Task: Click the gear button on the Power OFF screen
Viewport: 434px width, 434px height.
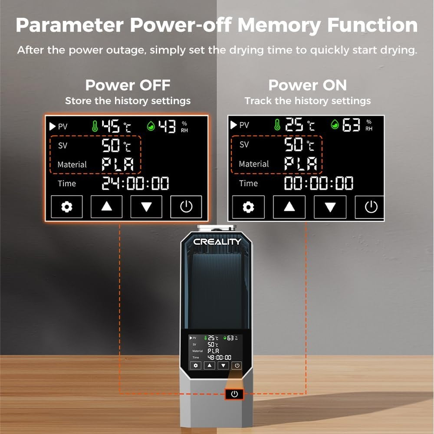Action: pos(67,207)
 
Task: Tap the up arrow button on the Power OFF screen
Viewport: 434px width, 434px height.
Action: pos(107,207)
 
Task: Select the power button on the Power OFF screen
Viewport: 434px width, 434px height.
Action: pos(186,207)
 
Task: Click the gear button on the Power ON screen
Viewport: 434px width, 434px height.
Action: pos(248,207)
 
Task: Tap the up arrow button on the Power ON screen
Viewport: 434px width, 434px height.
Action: pos(289,207)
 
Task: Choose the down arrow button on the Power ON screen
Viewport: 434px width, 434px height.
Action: pos(330,207)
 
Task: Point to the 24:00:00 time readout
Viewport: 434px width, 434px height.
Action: pos(135,183)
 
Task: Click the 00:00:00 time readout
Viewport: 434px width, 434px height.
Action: pos(319,183)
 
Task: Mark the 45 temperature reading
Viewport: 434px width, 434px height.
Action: pos(110,126)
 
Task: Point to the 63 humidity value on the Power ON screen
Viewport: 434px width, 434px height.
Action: pos(351,125)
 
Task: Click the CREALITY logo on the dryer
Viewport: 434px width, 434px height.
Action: pos(217,242)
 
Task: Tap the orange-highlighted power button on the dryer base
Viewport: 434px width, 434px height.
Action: pos(234,394)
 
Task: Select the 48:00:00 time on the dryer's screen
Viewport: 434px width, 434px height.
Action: pos(219,358)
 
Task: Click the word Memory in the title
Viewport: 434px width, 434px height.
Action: pos(279,26)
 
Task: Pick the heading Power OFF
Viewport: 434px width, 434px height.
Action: pos(128,85)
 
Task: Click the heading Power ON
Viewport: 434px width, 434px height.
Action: pos(308,85)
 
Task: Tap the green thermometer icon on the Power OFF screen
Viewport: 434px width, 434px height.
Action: pos(95,126)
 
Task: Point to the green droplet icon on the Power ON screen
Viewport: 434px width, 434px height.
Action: pos(335,125)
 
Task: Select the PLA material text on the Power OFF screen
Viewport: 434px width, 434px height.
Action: pos(118,164)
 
